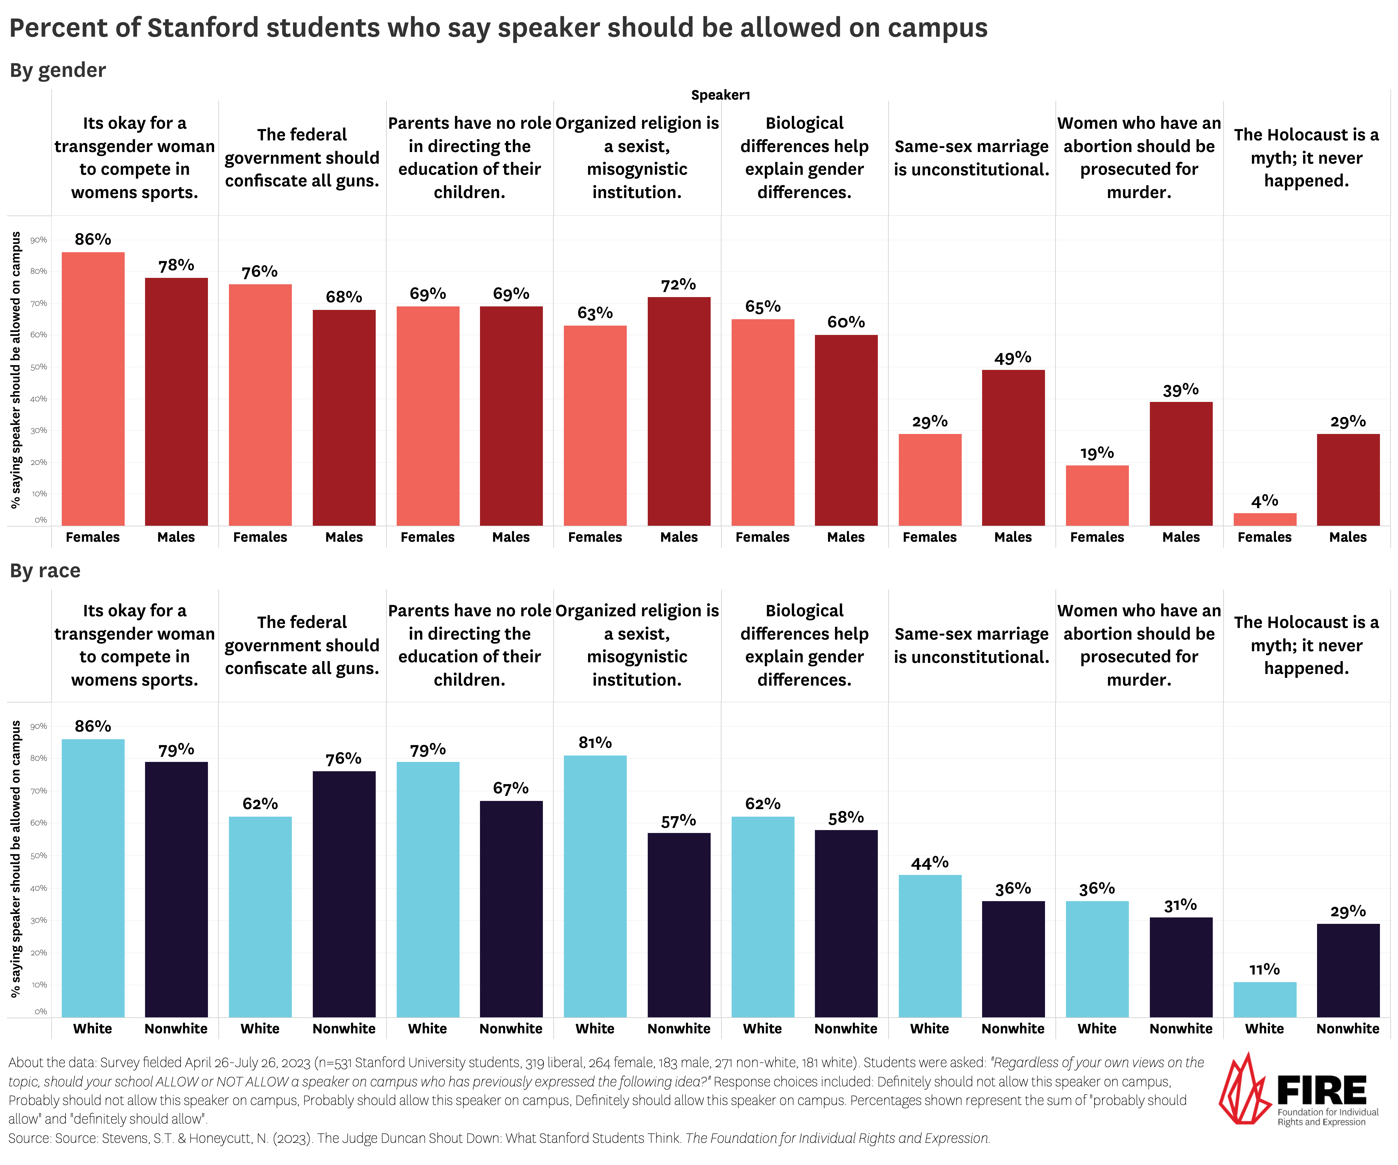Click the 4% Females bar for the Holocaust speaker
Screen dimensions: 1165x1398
(x=1264, y=519)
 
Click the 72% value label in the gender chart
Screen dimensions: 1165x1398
(x=678, y=285)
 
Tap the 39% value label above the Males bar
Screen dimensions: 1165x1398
(x=1180, y=390)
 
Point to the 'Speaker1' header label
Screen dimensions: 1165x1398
(x=720, y=95)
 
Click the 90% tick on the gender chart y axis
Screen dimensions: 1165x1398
(x=39, y=240)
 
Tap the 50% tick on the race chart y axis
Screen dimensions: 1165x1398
(x=39, y=855)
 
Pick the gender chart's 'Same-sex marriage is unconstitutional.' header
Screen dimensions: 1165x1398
(x=971, y=158)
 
